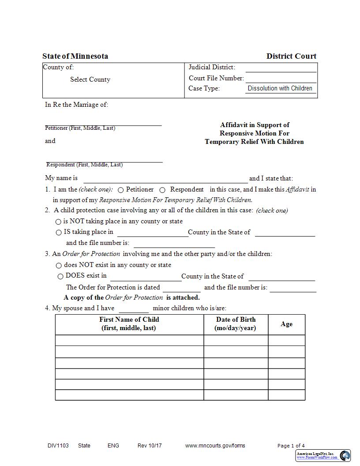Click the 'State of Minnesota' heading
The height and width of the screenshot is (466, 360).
click(x=75, y=56)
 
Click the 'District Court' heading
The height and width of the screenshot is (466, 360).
click(x=291, y=56)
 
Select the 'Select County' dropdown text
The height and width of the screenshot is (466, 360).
click(x=90, y=79)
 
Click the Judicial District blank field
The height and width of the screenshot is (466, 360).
click(x=281, y=68)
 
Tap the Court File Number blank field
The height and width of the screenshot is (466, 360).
click(x=281, y=79)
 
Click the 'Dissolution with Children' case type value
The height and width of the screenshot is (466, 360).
click(x=280, y=88)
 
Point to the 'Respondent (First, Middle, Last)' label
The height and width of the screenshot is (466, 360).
click(x=85, y=165)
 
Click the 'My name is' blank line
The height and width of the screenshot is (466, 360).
click(x=165, y=179)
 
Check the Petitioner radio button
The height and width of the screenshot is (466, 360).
click(x=120, y=190)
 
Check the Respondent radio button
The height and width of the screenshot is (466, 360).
click(x=162, y=190)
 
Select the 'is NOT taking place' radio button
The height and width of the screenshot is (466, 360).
click(x=58, y=222)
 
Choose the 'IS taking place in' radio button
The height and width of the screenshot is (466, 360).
click(x=58, y=232)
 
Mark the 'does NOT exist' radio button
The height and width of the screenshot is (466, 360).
click(x=59, y=266)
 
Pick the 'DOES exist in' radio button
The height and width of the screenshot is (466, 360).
click(x=60, y=276)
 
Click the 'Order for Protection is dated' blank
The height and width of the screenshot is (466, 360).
click(x=182, y=288)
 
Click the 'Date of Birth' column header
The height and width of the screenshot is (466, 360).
click(x=236, y=323)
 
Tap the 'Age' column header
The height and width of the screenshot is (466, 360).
click(x=286, y=324)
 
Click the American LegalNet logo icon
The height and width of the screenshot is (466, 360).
click(x=345, y=455)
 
